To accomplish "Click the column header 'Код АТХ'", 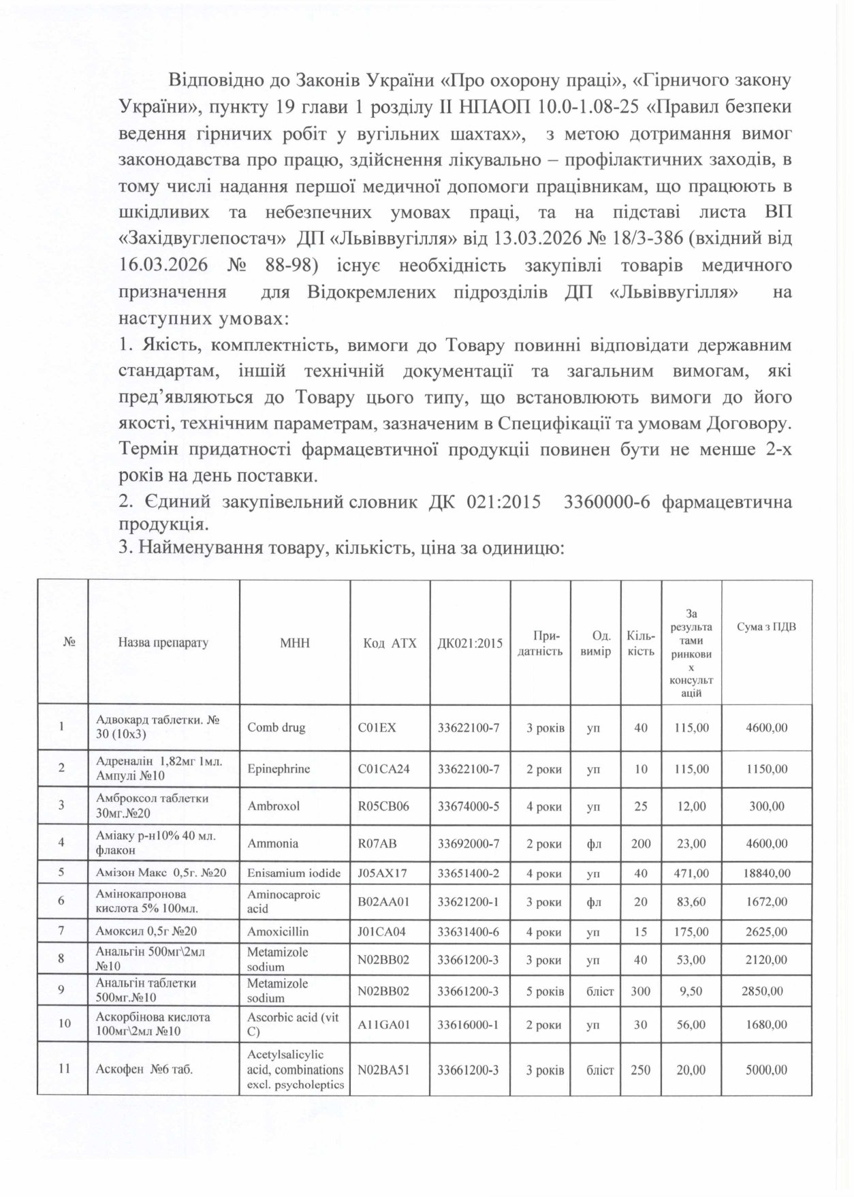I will (389, 642).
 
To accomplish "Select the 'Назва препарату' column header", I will (163, 642).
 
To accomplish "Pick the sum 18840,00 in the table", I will (766, 873).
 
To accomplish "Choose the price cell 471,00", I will (691, 873).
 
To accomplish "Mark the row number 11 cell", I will (63, 1069).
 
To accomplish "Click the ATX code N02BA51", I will (383, 1070).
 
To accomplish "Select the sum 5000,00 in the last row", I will (766, 1070).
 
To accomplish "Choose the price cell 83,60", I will (691, 902).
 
